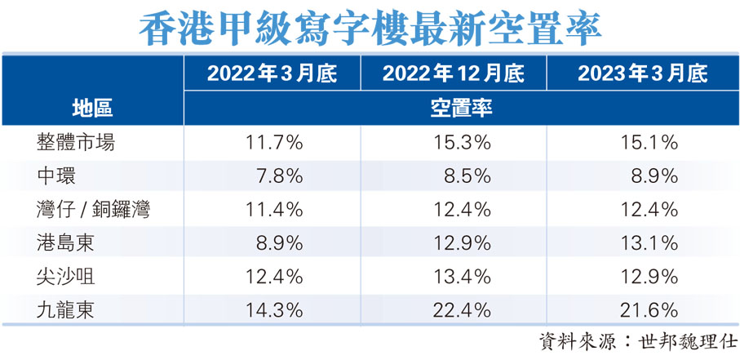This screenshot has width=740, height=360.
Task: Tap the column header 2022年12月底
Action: (x=454, y=74)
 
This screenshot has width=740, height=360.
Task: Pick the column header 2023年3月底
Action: (x=641, y=74)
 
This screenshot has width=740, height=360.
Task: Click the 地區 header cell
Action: (x=91, y=108)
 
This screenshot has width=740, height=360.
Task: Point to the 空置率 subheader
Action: (x=460, y=108)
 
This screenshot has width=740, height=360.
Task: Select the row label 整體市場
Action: (x=76, y=142)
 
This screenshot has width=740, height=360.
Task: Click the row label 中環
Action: (x=56, y=176)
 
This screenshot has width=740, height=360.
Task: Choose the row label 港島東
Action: (x=66, y=242)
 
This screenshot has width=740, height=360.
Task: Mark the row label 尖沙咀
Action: (x=66, y=276)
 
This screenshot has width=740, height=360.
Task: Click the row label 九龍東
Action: (x=66, y=309)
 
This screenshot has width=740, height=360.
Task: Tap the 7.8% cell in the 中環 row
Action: (x=280, y=176)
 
